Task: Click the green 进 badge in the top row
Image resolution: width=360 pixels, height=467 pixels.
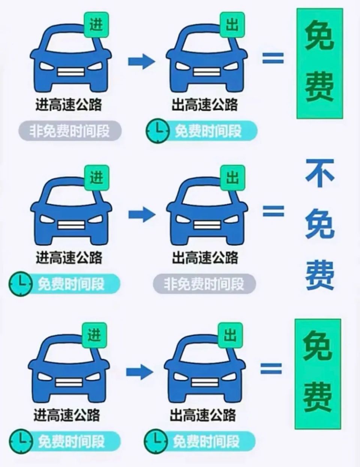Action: (x=96, y=25)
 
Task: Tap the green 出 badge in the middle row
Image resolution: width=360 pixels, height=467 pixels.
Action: (x=232, y=178)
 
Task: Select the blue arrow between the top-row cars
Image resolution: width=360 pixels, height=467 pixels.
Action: (x=142, y=61)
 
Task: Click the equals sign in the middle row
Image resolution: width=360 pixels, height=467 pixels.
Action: (x=273, y=211)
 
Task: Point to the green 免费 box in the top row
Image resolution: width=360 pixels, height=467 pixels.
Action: (x=320, y=63)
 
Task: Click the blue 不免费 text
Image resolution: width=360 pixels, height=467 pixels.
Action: (x=320, y=225)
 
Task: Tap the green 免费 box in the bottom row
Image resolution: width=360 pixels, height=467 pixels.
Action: (x=318, y=374)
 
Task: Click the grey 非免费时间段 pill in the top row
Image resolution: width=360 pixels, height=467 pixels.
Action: (x=70, y=131)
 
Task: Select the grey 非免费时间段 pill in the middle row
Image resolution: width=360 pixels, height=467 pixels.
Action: (x=204, y=284)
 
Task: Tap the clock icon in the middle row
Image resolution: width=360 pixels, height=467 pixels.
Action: (x=21, y=284)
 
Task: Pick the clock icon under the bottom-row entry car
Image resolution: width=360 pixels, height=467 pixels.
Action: (x=21, y=441)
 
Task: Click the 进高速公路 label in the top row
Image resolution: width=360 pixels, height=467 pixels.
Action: (x=69, y=105)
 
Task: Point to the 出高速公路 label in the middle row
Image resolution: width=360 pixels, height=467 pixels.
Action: (x=205, y=257)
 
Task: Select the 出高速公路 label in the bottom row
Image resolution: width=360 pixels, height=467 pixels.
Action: (x=203, y=415)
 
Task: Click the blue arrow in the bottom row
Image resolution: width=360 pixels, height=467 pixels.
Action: (x=140, y=372)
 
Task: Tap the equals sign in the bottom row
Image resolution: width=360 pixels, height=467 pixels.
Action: (x=271, y=368)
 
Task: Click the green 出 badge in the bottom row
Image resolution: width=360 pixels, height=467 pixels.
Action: (x=230, y=335)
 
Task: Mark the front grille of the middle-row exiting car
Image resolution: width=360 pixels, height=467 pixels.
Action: (x=207, y=225)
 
